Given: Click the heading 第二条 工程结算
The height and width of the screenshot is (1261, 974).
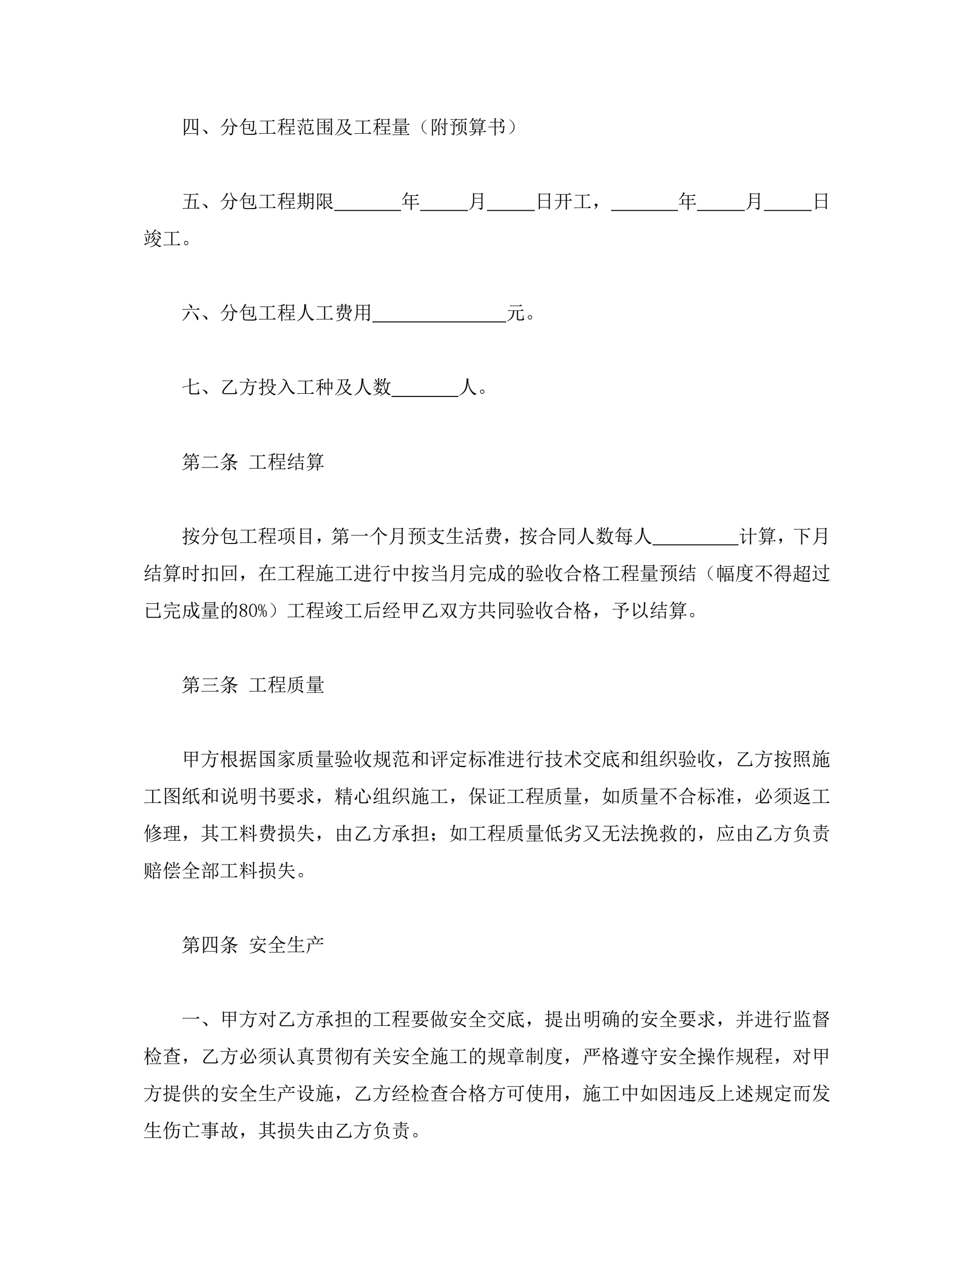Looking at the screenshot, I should pyautogui.click(x=253, y=462).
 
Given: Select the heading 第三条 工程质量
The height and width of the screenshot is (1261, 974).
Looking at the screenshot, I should pyautogui.click(x=253, y=685).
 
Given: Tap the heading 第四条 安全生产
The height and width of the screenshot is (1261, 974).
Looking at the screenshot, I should pyautogui.click(x=253, y=945).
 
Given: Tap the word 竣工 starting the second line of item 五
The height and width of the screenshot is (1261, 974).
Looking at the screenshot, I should pyautogui.click(x=163, y=238).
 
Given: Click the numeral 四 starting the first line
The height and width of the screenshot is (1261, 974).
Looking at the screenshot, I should pyautogui.click(x=191, y=127).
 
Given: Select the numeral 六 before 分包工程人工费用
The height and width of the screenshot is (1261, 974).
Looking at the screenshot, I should pyautogui.click(x=191, y=313).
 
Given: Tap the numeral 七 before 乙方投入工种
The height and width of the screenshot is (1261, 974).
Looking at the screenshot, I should pyautogui.click(x=191, y=387).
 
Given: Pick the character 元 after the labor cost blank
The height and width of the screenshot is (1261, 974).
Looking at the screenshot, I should pyautogui.click(x=516, y=313).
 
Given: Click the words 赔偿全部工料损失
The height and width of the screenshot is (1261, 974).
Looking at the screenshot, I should pyautogui.click(x=220, y=871).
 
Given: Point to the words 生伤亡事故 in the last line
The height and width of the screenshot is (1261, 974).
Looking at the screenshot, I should pyautogui.click(x=191, y=1130).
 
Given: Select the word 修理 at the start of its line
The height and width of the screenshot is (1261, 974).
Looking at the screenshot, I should pyautogui.click(x=163, y=834).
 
